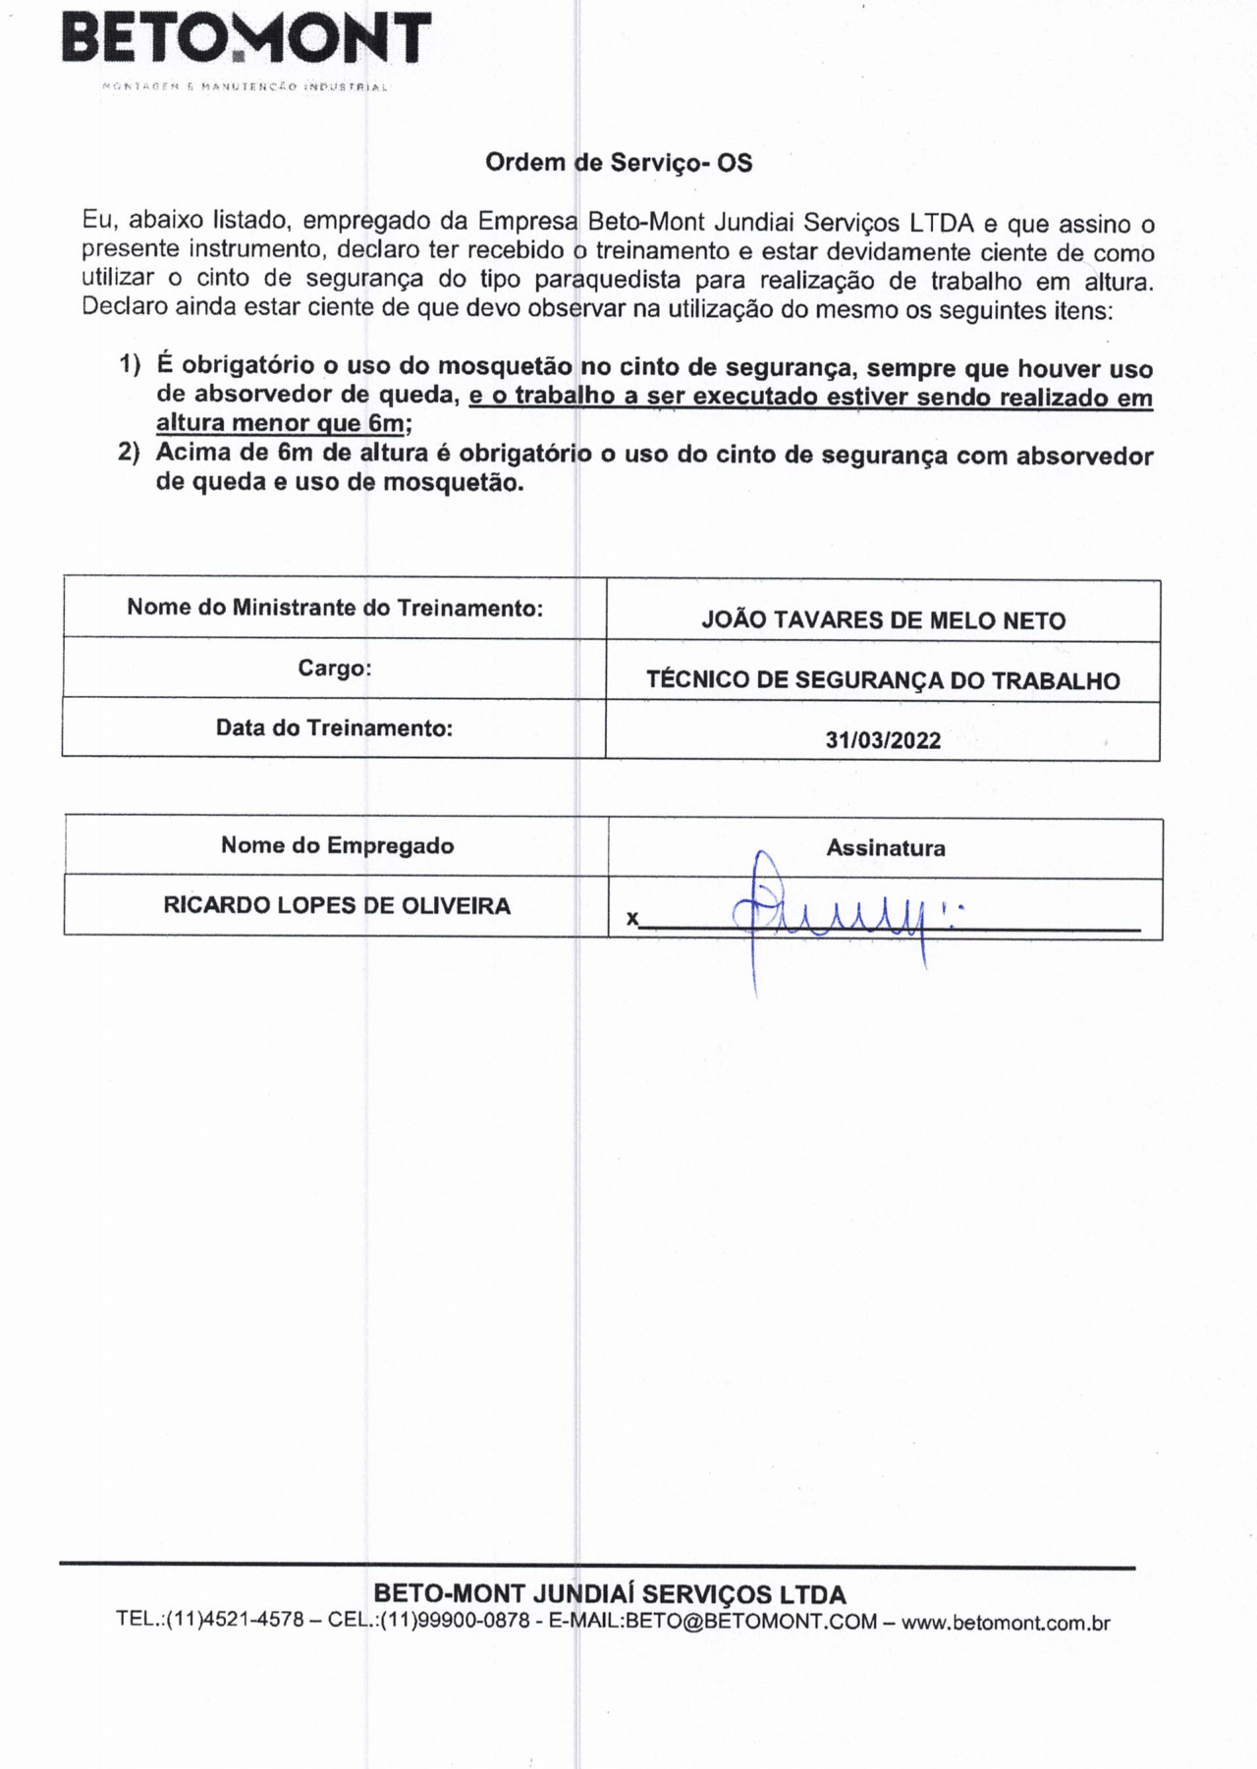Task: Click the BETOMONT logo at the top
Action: [246, 39]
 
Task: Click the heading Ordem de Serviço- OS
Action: [619, 163]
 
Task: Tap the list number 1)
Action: [130, 365]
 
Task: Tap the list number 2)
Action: [130, 453]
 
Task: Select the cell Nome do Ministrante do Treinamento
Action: [335, 608]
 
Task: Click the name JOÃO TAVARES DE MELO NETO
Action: [883, 620]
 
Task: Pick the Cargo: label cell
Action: [335, 669]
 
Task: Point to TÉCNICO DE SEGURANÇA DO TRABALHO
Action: [883, 680]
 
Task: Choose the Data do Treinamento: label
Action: [335, 728]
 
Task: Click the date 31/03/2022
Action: [883, 740]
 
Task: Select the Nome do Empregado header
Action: [337, 845]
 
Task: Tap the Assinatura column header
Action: [886, 848]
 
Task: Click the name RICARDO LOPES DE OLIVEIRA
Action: [337, 905]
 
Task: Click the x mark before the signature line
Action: [632, 920]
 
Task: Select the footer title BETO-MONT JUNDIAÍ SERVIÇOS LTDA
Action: [610, 1594]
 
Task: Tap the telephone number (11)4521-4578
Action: [235, 1621]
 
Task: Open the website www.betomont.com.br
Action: [1006, 1623]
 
